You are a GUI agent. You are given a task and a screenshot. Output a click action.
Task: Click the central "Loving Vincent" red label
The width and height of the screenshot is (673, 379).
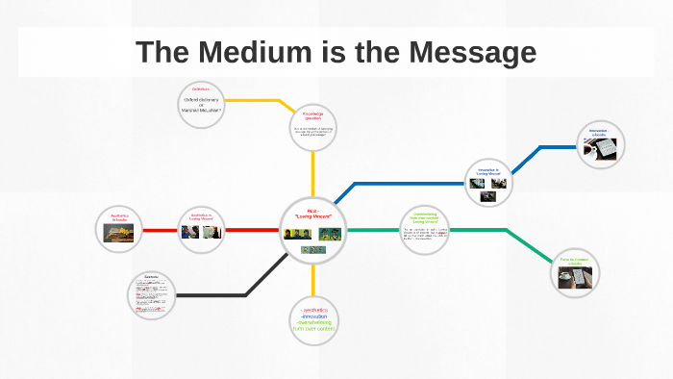312,215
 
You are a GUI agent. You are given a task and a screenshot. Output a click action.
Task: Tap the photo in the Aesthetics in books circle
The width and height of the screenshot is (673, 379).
120,232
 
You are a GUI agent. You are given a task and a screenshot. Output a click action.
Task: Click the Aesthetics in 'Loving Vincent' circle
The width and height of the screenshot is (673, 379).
202,228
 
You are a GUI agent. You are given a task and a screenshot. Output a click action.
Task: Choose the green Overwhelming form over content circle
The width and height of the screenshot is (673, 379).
424,230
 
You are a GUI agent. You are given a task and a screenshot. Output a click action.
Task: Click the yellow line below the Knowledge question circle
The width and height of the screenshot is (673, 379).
313,173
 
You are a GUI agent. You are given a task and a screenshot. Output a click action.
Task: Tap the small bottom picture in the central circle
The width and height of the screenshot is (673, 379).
312,249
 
